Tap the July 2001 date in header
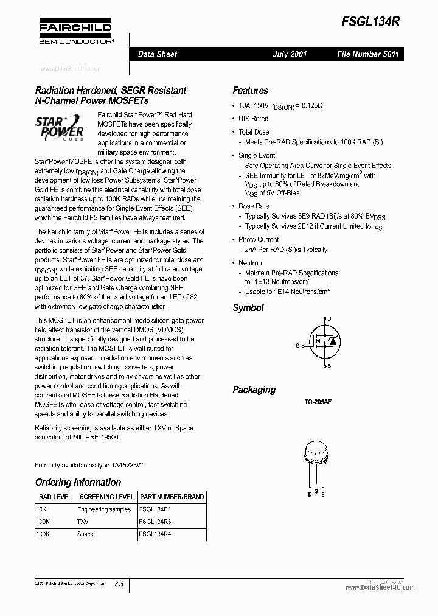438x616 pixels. [x=290, y=54]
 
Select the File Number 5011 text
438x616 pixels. [x=368, y=54]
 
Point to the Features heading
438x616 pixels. [x=250, y=91]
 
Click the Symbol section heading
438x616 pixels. [x=248, y=308]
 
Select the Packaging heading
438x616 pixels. [x=254, y=390]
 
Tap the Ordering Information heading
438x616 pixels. [x=78, y=482]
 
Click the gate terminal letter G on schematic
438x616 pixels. [x=298, y=346]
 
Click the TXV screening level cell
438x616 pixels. [x=83, y=522]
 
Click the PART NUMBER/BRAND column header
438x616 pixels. [x=172, y=497]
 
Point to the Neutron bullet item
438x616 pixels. [x=250, y=263]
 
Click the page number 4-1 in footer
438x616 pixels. [x=119, y=585]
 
